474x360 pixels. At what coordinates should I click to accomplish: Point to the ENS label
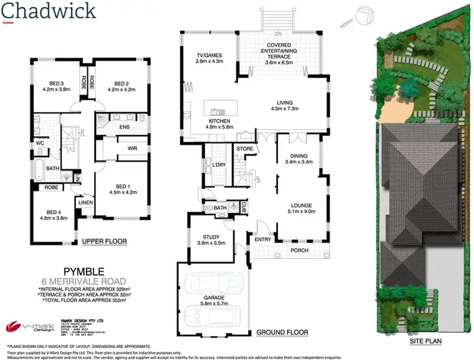[125, 128]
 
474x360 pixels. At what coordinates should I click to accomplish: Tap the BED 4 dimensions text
[54, 219]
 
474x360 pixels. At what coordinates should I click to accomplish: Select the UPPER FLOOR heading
[104, 241]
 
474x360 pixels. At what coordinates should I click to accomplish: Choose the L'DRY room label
[219, 165]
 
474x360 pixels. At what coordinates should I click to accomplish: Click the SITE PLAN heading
[425, 342]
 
